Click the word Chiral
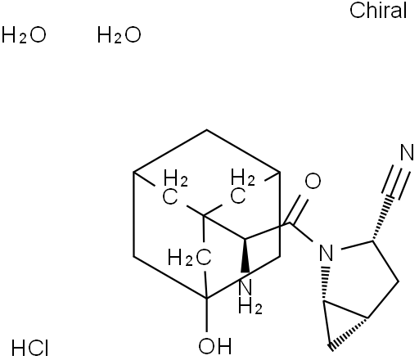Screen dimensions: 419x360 pos(378,11)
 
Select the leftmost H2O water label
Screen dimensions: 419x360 pos(24,35)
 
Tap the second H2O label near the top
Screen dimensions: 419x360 pos(119,35)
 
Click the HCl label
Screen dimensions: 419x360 pos(30,348)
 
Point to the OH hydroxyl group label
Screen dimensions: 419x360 pos(215,346)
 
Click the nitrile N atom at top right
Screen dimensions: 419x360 pos(407,153)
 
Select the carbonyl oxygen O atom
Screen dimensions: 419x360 pos(313,181)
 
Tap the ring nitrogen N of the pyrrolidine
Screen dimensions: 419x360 pos(327,253)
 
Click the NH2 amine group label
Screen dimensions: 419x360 pos(250,297)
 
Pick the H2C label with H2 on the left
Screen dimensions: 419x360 pos(189,257)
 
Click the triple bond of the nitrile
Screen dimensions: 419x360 pos(396,182)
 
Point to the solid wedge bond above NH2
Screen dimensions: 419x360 pos(246,255)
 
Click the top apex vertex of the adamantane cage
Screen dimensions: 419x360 pos(206,130)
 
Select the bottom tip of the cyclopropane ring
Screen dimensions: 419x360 pos(331,349)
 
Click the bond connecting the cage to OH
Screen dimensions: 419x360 pos(206,315)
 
